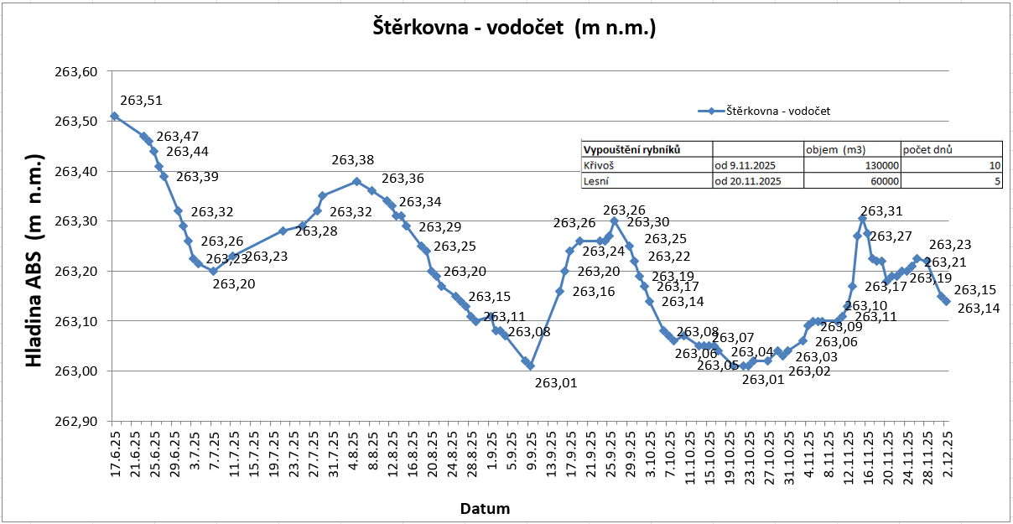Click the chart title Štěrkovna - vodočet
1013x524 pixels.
coord(514,28)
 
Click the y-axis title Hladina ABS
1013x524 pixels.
coord(34,262)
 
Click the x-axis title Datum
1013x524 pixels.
coord(485,508)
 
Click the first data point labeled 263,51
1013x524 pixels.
coord(115,117)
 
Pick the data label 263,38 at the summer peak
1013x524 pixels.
coord(353,160)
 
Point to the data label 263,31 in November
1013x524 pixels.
coord(882,212)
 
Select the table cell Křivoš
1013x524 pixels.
coord(599,165)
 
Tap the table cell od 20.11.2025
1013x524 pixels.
coord(748,180)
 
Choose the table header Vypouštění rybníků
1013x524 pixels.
coord(631,149)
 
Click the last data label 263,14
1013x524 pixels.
coord(978,309)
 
